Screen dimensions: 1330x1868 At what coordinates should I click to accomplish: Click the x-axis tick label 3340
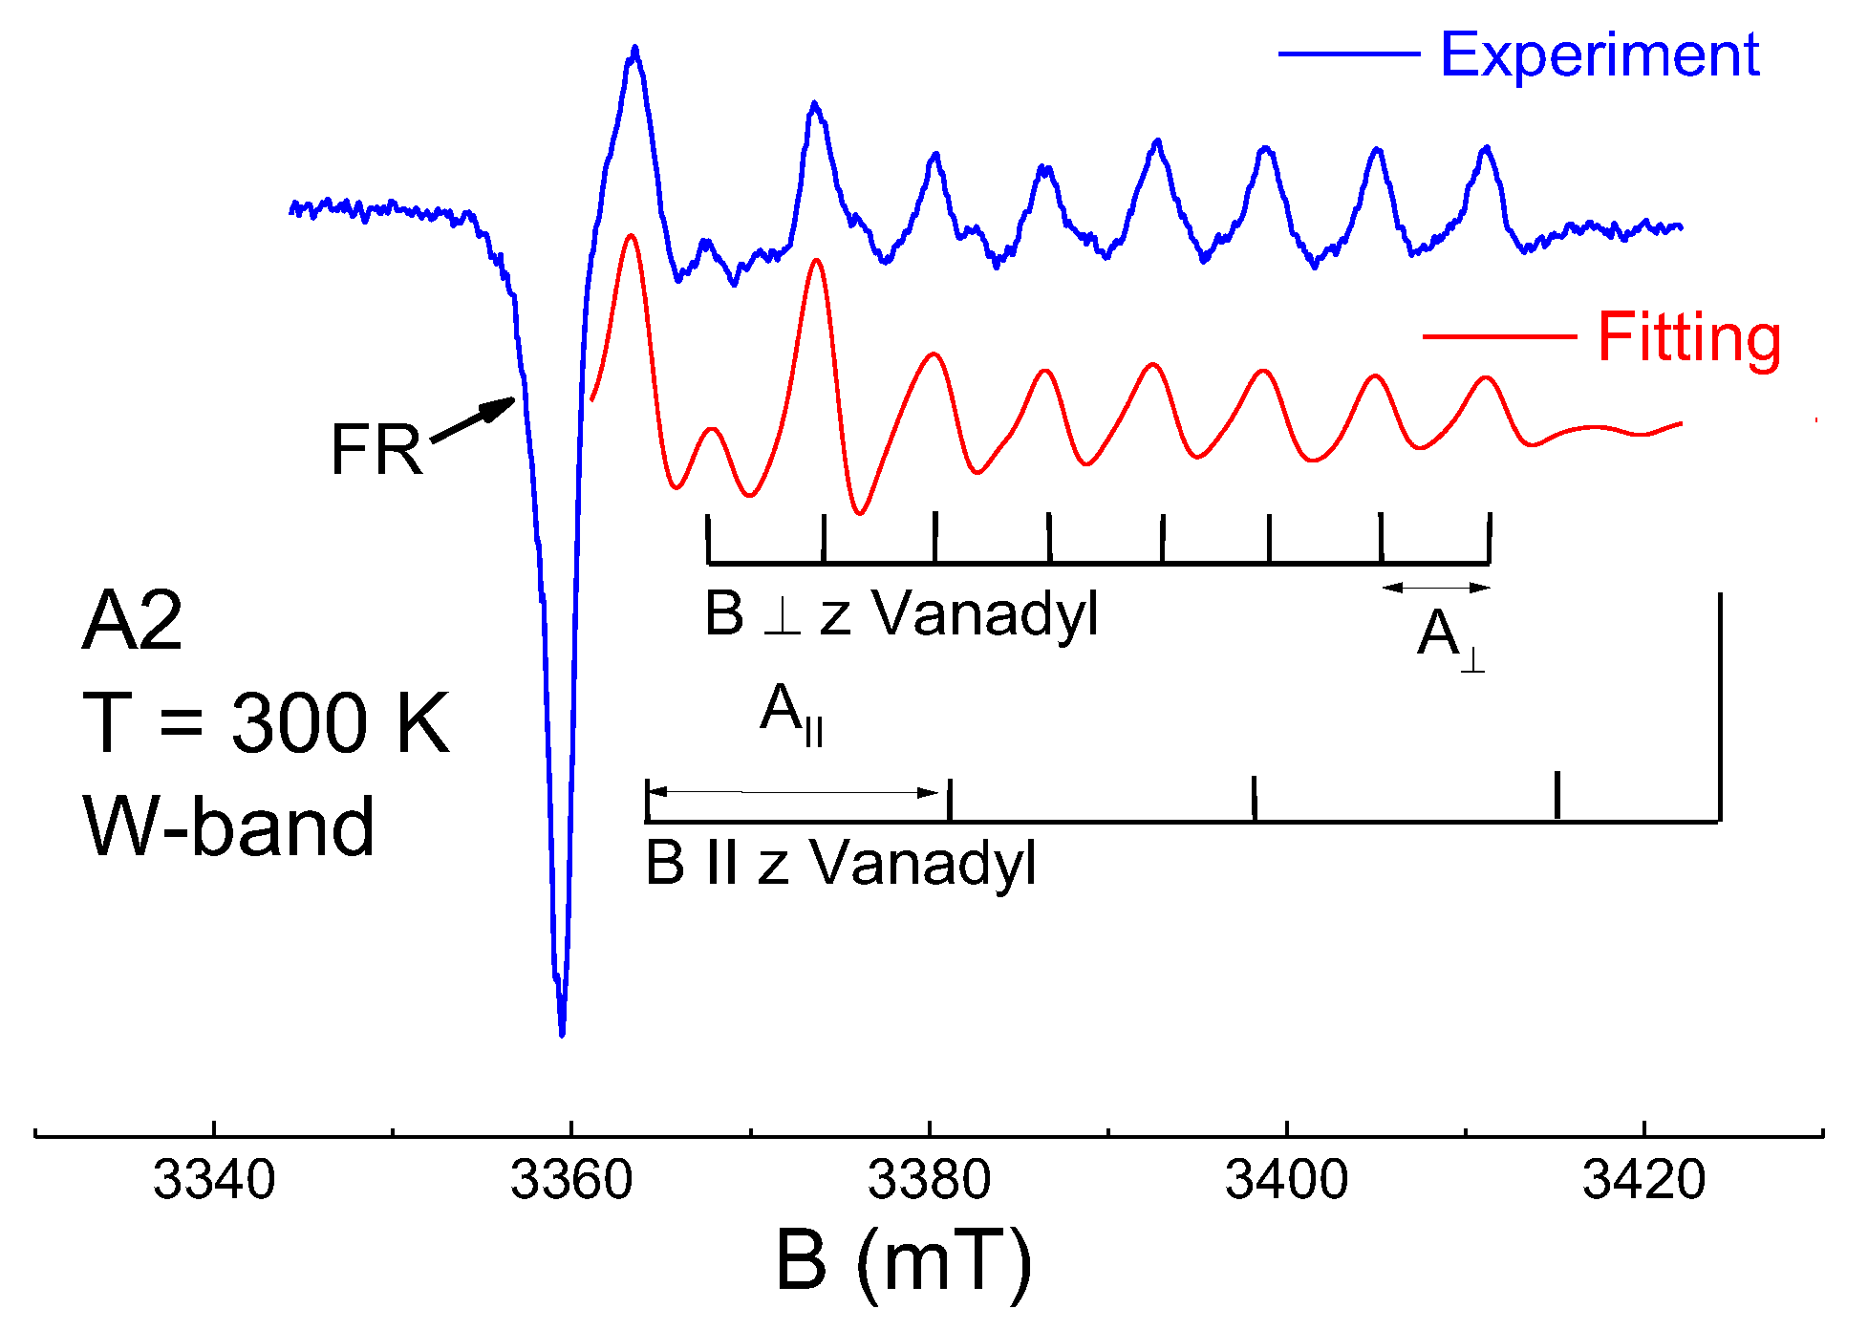click(214, 1180)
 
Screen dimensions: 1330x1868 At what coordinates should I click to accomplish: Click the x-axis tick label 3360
click(571, 1180)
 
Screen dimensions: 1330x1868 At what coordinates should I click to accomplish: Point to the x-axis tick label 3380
click(929, 1180)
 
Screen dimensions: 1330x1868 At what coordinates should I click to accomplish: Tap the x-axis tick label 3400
click(1286, 1180)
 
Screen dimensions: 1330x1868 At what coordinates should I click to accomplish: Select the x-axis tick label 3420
click(1643, 1180)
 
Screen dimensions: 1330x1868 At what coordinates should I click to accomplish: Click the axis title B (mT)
click(904, 1261)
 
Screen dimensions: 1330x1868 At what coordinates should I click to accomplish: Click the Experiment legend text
click(1600, 54)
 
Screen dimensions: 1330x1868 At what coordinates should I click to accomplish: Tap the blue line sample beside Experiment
click(1349, 54)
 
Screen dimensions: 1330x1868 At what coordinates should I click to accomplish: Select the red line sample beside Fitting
click(1498, 336)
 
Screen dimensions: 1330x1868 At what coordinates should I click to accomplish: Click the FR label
click(376, 449)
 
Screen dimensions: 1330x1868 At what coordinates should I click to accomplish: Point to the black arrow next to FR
click(474, 420)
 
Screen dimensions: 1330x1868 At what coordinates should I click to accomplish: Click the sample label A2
click(132, 621)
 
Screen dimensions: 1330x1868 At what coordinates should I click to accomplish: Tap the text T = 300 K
click(266, 723)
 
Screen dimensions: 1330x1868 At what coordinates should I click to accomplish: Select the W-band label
click(229, 826)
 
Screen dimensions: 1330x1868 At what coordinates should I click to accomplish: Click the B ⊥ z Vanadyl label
click(901, 613)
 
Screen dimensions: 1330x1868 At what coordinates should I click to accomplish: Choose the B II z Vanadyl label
click(841, 863)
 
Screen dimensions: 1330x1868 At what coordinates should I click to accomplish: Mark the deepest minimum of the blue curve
click(562, 1032)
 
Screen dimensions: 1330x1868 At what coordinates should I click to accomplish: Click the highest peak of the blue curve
click(634, 50)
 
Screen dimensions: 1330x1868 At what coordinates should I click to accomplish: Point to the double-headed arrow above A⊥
click(1435, 588)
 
